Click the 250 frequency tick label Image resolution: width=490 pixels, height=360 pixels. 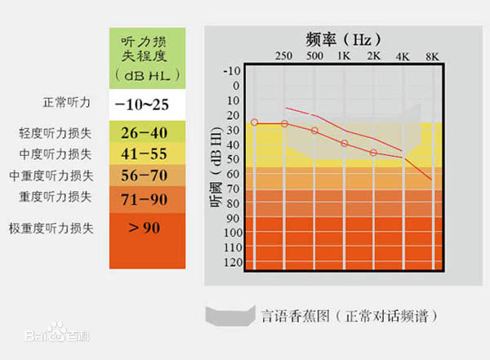pyautogui.click(x=284, y=56)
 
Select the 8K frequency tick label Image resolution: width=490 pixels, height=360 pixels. pyautogui.click(x=432, y=56)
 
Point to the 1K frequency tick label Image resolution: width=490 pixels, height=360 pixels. pyautogui.click(x=345, y=56)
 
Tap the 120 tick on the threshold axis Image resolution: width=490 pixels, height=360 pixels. pyautogui.click(x=233, y=262)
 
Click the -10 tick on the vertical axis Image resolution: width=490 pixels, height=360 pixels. pyautogui.click(x=233, y=71)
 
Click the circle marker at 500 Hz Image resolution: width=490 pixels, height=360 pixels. pyautogui.click(x=314, y=131)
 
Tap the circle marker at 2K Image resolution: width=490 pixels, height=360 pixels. pyautogui.click(x=374, y=153)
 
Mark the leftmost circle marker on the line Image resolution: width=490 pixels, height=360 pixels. pyautogui.click(x=255, y=122)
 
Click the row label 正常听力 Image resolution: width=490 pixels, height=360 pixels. pyautogui.click(x=65, y=104)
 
